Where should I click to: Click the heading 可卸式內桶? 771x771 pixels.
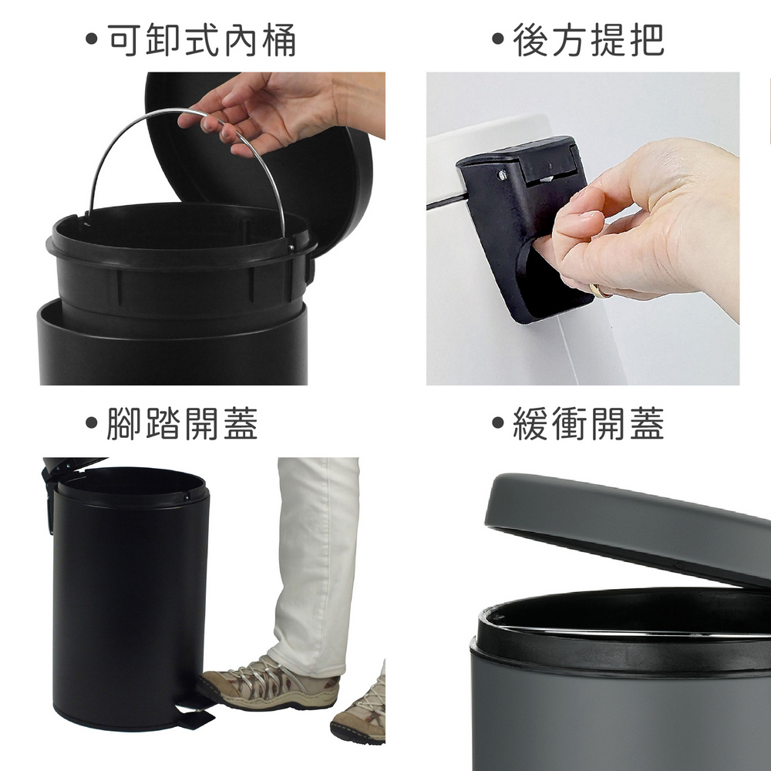pos(201,40)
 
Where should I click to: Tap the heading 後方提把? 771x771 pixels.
pos(588,40)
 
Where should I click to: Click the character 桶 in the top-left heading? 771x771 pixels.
pos(279,40)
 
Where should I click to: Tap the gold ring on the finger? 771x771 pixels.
pos(600,291)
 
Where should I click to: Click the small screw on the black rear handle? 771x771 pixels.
pos(502,174)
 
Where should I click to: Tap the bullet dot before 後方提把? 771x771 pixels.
pos(498,39)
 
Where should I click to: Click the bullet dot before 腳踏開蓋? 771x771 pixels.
pos(92,422)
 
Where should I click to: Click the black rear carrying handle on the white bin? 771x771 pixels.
pos(521,226)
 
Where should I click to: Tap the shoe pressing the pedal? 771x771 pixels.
pos(269,682)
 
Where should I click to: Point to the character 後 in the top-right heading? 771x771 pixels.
pos(530,40)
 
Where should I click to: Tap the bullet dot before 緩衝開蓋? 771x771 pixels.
pos(498,422)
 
